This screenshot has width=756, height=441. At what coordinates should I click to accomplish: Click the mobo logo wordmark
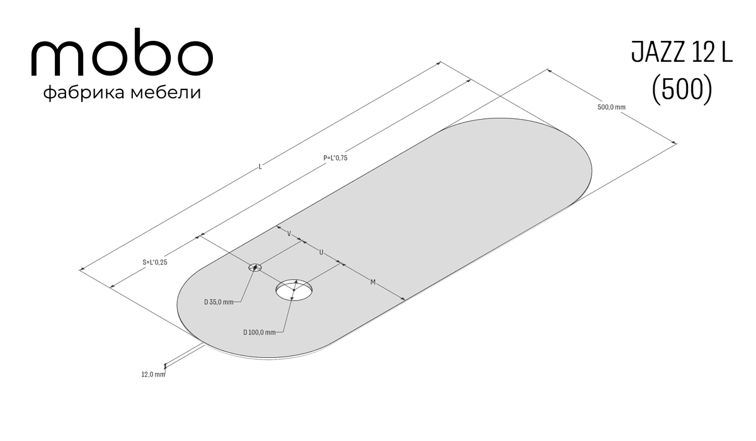tap(122, 52)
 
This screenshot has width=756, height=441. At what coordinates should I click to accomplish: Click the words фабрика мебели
tap(122, 93)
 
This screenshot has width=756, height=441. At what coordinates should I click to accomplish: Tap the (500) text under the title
tap(682, 89)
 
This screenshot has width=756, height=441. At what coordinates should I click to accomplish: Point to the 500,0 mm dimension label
tap(611, 107)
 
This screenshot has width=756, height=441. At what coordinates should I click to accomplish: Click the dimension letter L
tap(260, 166)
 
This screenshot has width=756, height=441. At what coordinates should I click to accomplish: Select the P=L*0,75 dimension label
tap(335, 158)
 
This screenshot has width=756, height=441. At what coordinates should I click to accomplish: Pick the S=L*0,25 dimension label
tap(155, 262)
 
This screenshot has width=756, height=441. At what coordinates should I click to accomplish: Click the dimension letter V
tap(289, 234)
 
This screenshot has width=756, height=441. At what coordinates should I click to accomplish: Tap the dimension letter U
tap(321, 252)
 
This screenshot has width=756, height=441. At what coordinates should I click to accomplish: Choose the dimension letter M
tap(373, 282)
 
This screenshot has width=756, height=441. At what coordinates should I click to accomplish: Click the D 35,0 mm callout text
tap(219, 302)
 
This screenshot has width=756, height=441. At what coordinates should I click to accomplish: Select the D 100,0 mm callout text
tap(260, 333)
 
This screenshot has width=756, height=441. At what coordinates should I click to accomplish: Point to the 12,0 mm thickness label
tap(153, 374)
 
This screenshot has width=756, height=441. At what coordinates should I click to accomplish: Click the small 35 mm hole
tap(255, 268)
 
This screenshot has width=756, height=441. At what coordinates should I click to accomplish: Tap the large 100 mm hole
tap(294, 290)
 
